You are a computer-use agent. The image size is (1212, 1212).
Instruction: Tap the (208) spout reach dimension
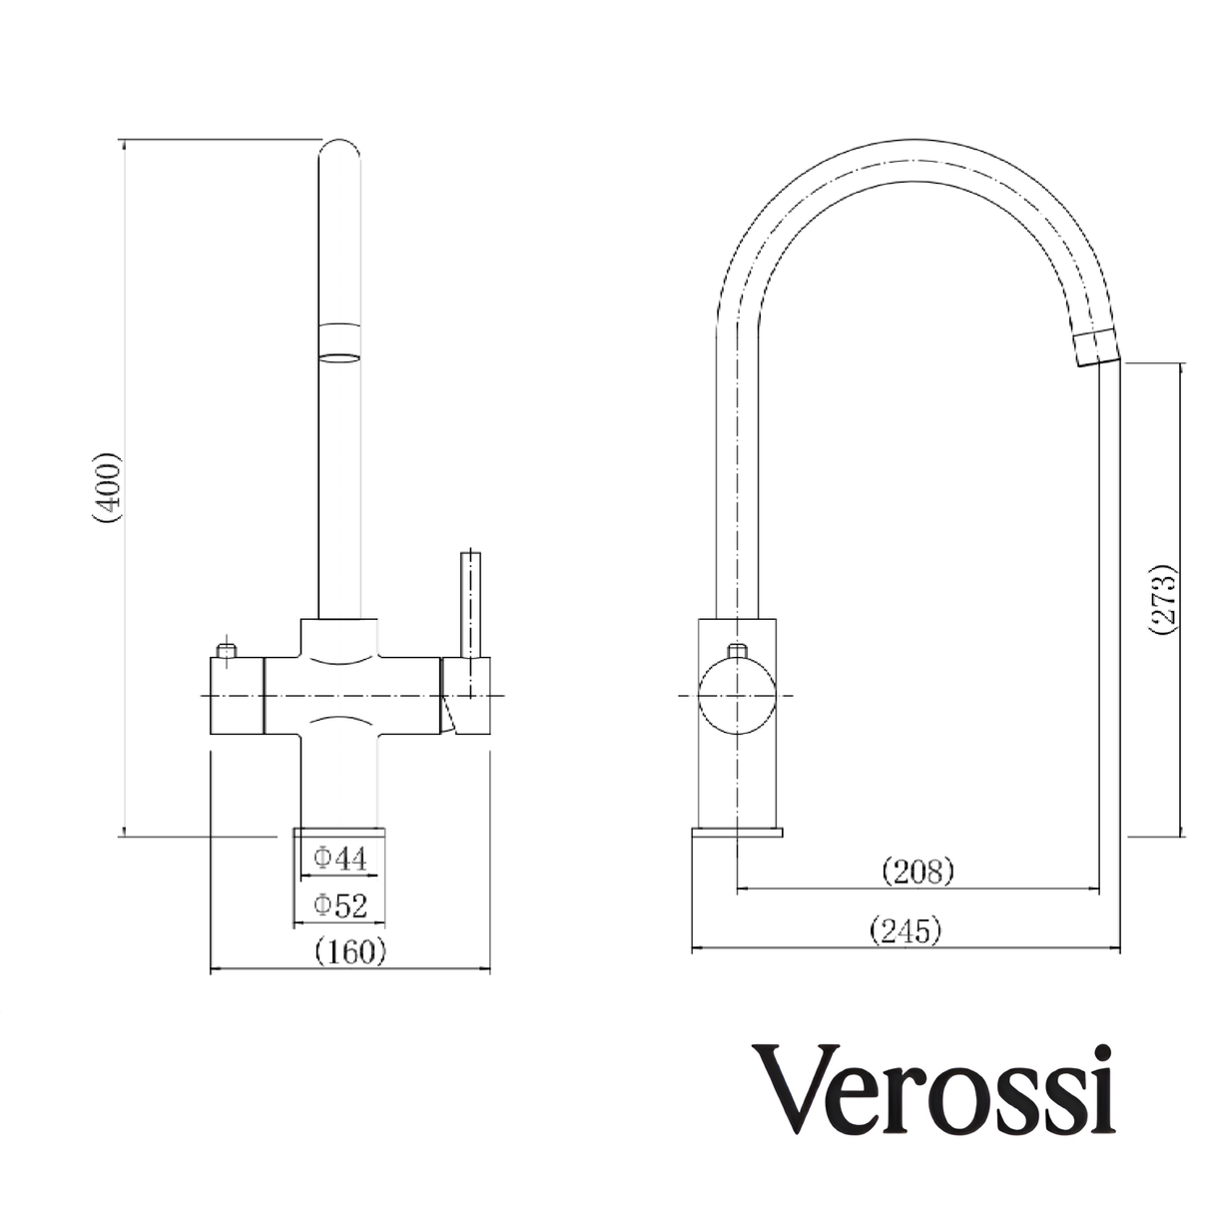[x=917, y=872]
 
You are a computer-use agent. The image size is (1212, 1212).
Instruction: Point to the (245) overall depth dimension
[x=906, y=931]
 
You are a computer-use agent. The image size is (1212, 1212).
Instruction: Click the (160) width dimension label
[x=349, y=952]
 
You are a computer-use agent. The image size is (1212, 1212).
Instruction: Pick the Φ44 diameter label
[x=340, y=857]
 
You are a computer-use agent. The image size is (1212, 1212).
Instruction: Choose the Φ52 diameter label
[x=340, y=906]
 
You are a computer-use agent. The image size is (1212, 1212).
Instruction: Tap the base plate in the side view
[x=738, y=832]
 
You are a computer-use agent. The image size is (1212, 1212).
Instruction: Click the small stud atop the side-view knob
[x=737, y=652]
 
